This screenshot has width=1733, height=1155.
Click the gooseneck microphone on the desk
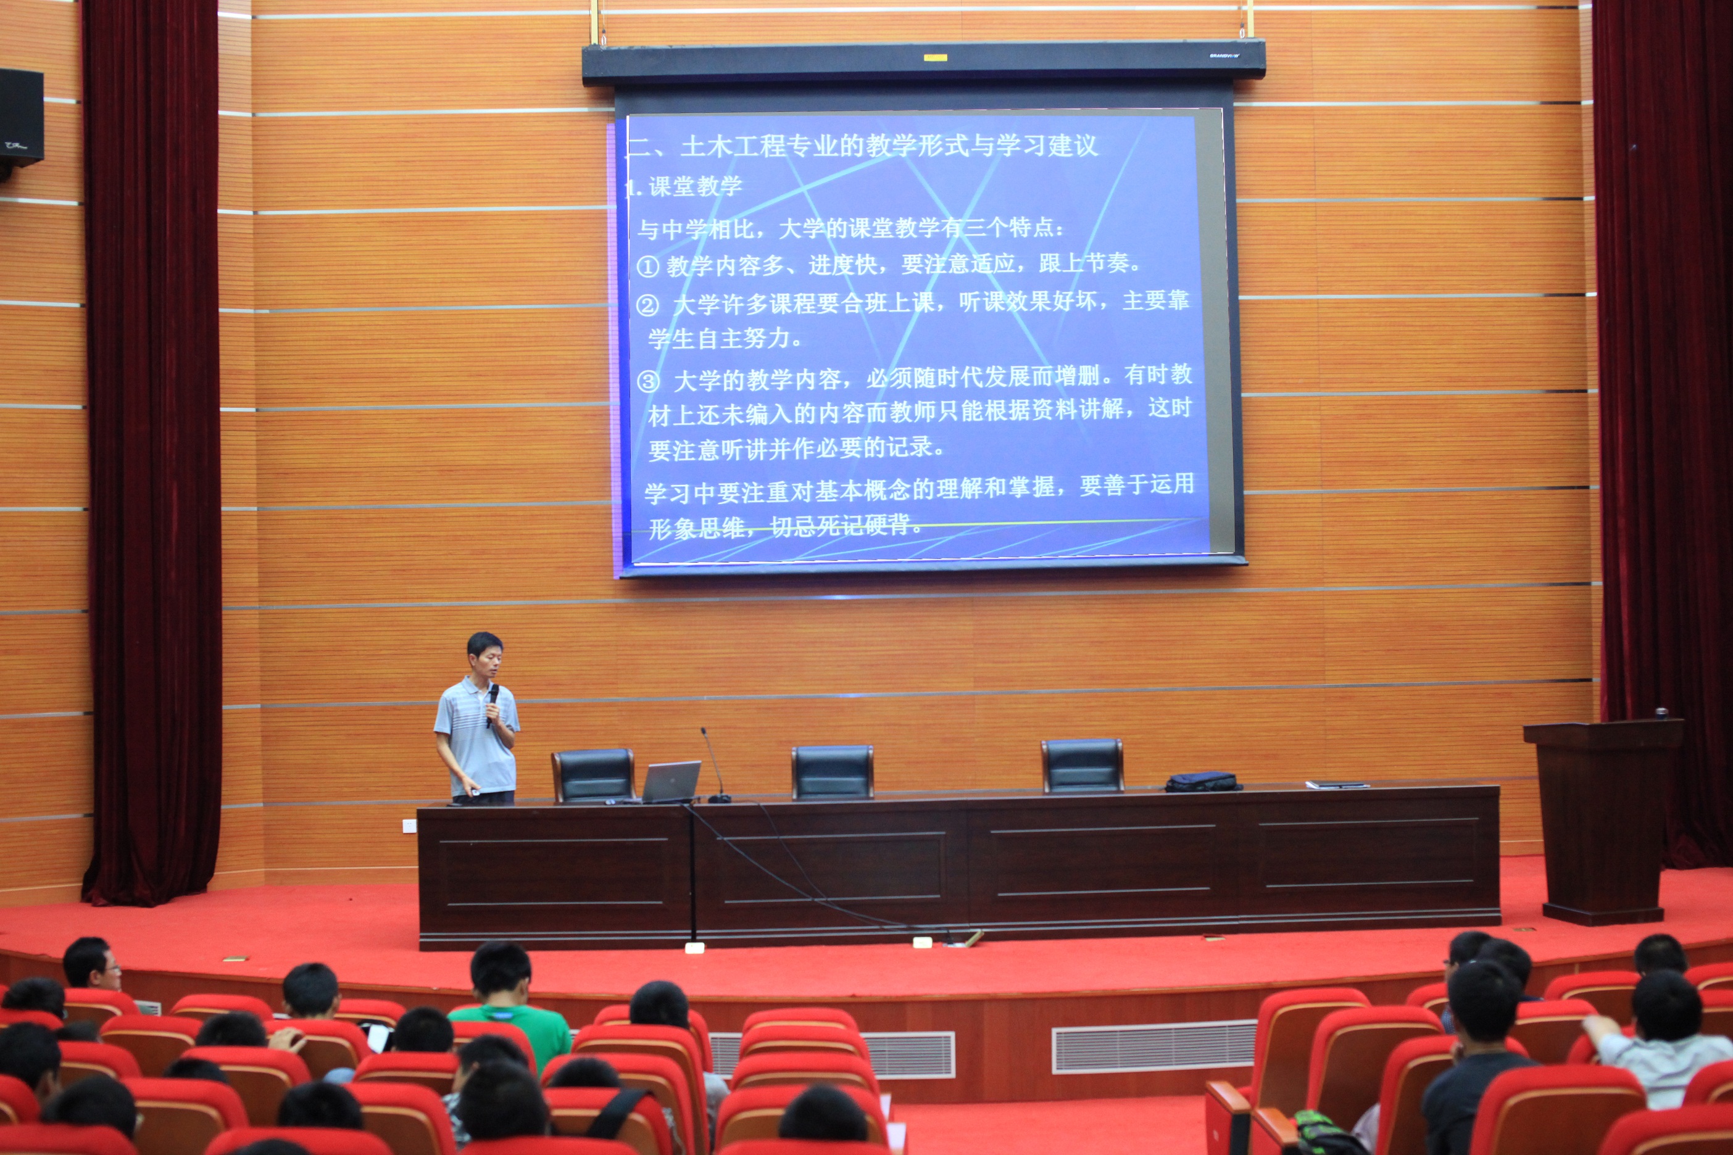tap(715, 766)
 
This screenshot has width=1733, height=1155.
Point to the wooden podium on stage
tap(1603, 821)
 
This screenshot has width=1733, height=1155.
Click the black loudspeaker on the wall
tap(20, 118)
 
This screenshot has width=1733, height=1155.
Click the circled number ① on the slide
tap(647, 266)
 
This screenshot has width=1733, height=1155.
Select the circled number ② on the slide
tap(647, 305)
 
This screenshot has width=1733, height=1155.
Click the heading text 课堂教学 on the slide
tap(695, 186)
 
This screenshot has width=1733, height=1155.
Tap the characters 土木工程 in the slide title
tap(733, 146)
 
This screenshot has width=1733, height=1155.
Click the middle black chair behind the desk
tap(833, 772)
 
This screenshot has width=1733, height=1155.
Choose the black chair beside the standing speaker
tap(593, 776)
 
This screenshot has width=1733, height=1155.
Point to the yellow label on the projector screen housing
tap(935, 57)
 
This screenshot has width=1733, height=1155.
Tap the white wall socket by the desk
tap(410, 826)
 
